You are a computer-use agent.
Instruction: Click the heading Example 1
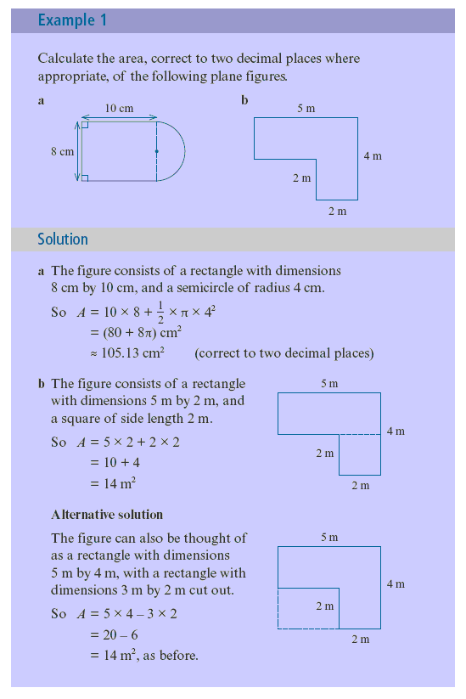click(x=72, y=20)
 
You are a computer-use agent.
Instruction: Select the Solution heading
click(x=63, y=240)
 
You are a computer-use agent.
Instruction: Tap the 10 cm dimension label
click(x=119, y=109)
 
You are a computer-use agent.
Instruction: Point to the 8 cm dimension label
click(x=62, y=151)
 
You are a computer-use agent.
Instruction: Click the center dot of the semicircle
click(x=157, y=151)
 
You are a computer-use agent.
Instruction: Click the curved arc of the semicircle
click(x=185, y=151)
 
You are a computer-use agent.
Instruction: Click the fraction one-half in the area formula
click(x=160, y=313)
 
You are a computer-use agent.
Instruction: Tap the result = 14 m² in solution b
click(x=113, y=483)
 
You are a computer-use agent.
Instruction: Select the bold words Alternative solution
click(x=107, y=515)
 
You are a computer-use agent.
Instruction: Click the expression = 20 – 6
click(x=114, y=634)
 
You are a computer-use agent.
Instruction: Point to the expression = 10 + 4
click(x=115, y=463)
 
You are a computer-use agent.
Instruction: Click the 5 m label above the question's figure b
click(x=306, y=109)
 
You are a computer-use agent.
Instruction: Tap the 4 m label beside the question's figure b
click(x=373, y=156)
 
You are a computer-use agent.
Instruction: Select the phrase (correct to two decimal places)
click(x=284, y=353)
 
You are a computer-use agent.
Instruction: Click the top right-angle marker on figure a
click(x=85, y=125)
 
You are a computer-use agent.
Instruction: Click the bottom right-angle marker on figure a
click(x=85, y=178)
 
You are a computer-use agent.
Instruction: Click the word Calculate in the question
click(x=65, y=59)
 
